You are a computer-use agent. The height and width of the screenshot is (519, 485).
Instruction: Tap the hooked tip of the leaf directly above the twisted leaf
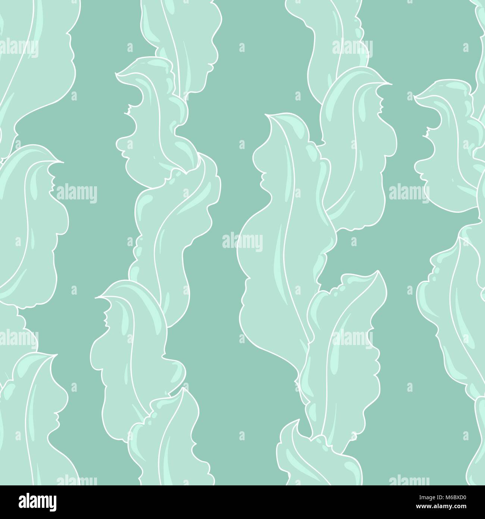[x=118, y=75]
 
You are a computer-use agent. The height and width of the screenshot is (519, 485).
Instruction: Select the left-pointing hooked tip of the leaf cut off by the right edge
[x=415, y=98]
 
